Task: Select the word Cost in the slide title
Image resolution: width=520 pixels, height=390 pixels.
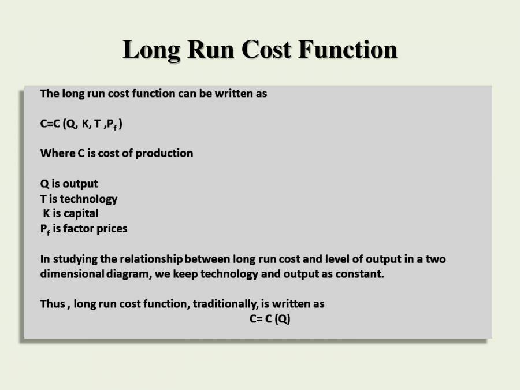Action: tap(266, 50)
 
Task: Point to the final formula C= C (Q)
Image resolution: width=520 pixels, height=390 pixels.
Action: tap(270, 319)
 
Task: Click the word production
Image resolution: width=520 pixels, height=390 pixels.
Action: tap(165, 153)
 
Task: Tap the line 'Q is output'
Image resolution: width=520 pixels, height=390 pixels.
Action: tap(69, 184)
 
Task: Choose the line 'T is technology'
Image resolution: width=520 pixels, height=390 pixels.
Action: tap(79, 199)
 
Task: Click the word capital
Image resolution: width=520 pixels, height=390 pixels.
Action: tap(81, 213)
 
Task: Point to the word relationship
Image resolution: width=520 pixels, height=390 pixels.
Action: tap(149, 259)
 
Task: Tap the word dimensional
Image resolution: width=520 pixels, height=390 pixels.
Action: tap(72, 274)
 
